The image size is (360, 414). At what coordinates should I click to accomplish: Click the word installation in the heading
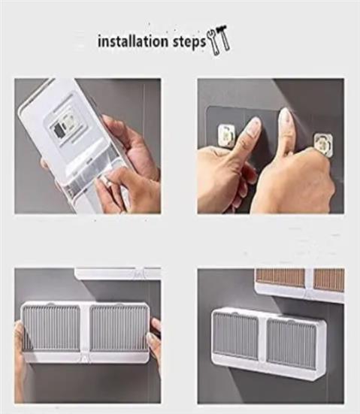(133, 41)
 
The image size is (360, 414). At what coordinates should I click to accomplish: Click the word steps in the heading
(189, 42)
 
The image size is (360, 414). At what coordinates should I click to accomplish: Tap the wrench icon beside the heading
(214, 42)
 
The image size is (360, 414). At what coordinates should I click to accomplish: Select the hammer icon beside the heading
(223, 38)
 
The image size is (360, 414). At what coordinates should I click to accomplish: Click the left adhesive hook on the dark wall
(226, 136)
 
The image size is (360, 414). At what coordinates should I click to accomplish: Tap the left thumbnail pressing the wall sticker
(253, 125)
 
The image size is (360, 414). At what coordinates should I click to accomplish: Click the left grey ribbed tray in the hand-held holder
(51, 328)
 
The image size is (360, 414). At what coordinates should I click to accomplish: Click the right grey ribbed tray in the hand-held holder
(118, 328)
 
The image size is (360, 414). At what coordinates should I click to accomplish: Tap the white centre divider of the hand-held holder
(85, 331)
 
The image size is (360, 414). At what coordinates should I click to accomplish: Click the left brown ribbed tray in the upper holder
(280, 278)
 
